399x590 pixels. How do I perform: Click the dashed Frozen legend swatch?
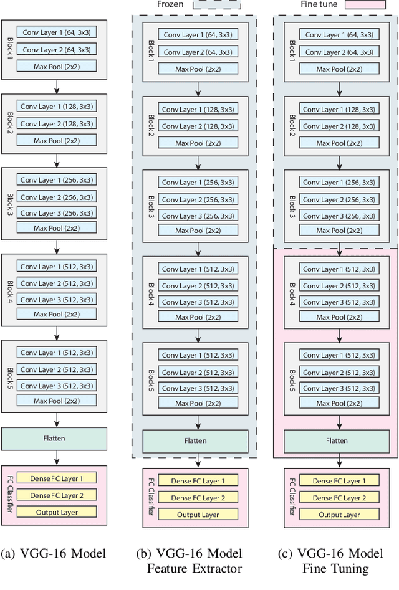(216, 4)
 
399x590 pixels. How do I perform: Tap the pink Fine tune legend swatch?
(352, 4)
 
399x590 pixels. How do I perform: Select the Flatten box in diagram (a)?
(56, 438)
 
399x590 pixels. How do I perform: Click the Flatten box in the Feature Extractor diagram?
(198, 442)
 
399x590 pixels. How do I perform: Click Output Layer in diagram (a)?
(57, 511)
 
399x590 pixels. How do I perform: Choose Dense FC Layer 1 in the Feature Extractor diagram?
(198, 481)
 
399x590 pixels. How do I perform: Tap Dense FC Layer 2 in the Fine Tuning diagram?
(339, 498)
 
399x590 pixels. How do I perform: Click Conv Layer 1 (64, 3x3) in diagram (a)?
(57, 31)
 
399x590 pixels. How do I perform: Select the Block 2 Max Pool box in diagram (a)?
(57, 141)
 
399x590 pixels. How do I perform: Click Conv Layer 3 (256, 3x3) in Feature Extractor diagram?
(198, 216)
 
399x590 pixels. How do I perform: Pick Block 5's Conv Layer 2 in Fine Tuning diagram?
(339, 373)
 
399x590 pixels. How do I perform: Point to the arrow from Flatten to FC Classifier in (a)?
(56, 458)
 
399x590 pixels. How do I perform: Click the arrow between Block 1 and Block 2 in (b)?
(198, 88)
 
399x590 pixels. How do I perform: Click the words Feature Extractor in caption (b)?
(194, 568)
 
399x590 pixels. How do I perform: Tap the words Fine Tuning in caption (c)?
(335, 568)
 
